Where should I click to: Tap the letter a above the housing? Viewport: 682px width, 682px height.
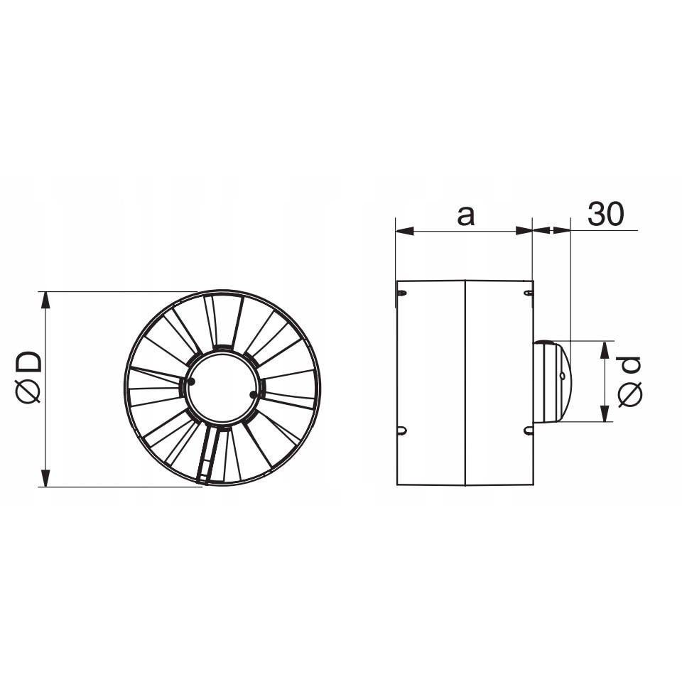click(465, 215)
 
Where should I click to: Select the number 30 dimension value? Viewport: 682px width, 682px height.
click(605, 215)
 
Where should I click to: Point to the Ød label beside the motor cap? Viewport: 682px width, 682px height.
click(630, 381)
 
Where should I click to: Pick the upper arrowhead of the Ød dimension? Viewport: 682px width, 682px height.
click(605, 349)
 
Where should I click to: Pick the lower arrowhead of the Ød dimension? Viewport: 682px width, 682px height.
click(605, 413)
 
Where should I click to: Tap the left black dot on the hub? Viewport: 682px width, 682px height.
click(191, 381)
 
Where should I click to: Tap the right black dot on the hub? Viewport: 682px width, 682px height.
click(254, 395)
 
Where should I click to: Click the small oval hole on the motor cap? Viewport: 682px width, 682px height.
click(562, 376)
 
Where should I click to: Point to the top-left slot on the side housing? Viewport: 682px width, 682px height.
click(402, 293)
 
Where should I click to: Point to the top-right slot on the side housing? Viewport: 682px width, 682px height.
click(528, 293)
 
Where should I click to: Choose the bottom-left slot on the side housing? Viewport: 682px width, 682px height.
click(402, 430)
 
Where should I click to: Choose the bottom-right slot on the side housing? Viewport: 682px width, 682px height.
click(528, 430)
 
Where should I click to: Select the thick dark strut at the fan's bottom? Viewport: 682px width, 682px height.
click(208, 455)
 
